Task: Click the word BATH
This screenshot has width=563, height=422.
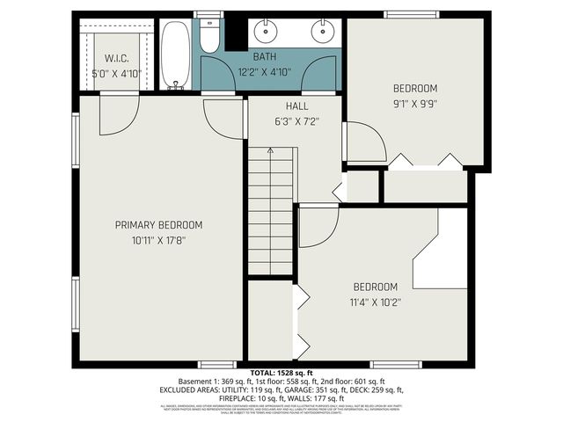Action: [265, 56]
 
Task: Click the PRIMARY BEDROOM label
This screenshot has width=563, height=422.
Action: [159, 225]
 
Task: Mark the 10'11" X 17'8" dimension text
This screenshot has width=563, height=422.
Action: [159, 239]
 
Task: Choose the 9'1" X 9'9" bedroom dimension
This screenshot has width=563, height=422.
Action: [414, 103]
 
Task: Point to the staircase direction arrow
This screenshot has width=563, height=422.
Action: [270, 151]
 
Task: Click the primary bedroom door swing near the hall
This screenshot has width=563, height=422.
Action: [222, 116]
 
